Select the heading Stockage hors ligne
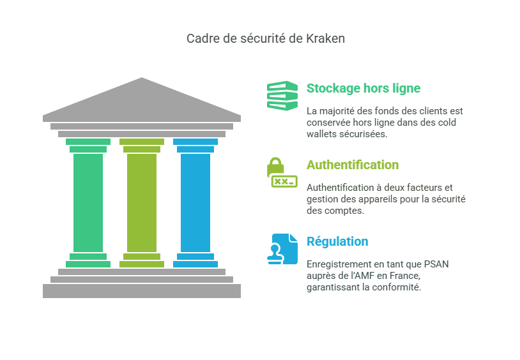pos(363,88)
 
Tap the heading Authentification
pos(353,165)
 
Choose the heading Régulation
pos(337,241)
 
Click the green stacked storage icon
pos(282,96)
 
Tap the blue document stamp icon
pos(282,249)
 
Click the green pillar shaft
pos(88,202)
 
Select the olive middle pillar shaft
pos(142,202)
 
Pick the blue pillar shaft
pos(195,202)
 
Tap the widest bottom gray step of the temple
pos(142,291)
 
